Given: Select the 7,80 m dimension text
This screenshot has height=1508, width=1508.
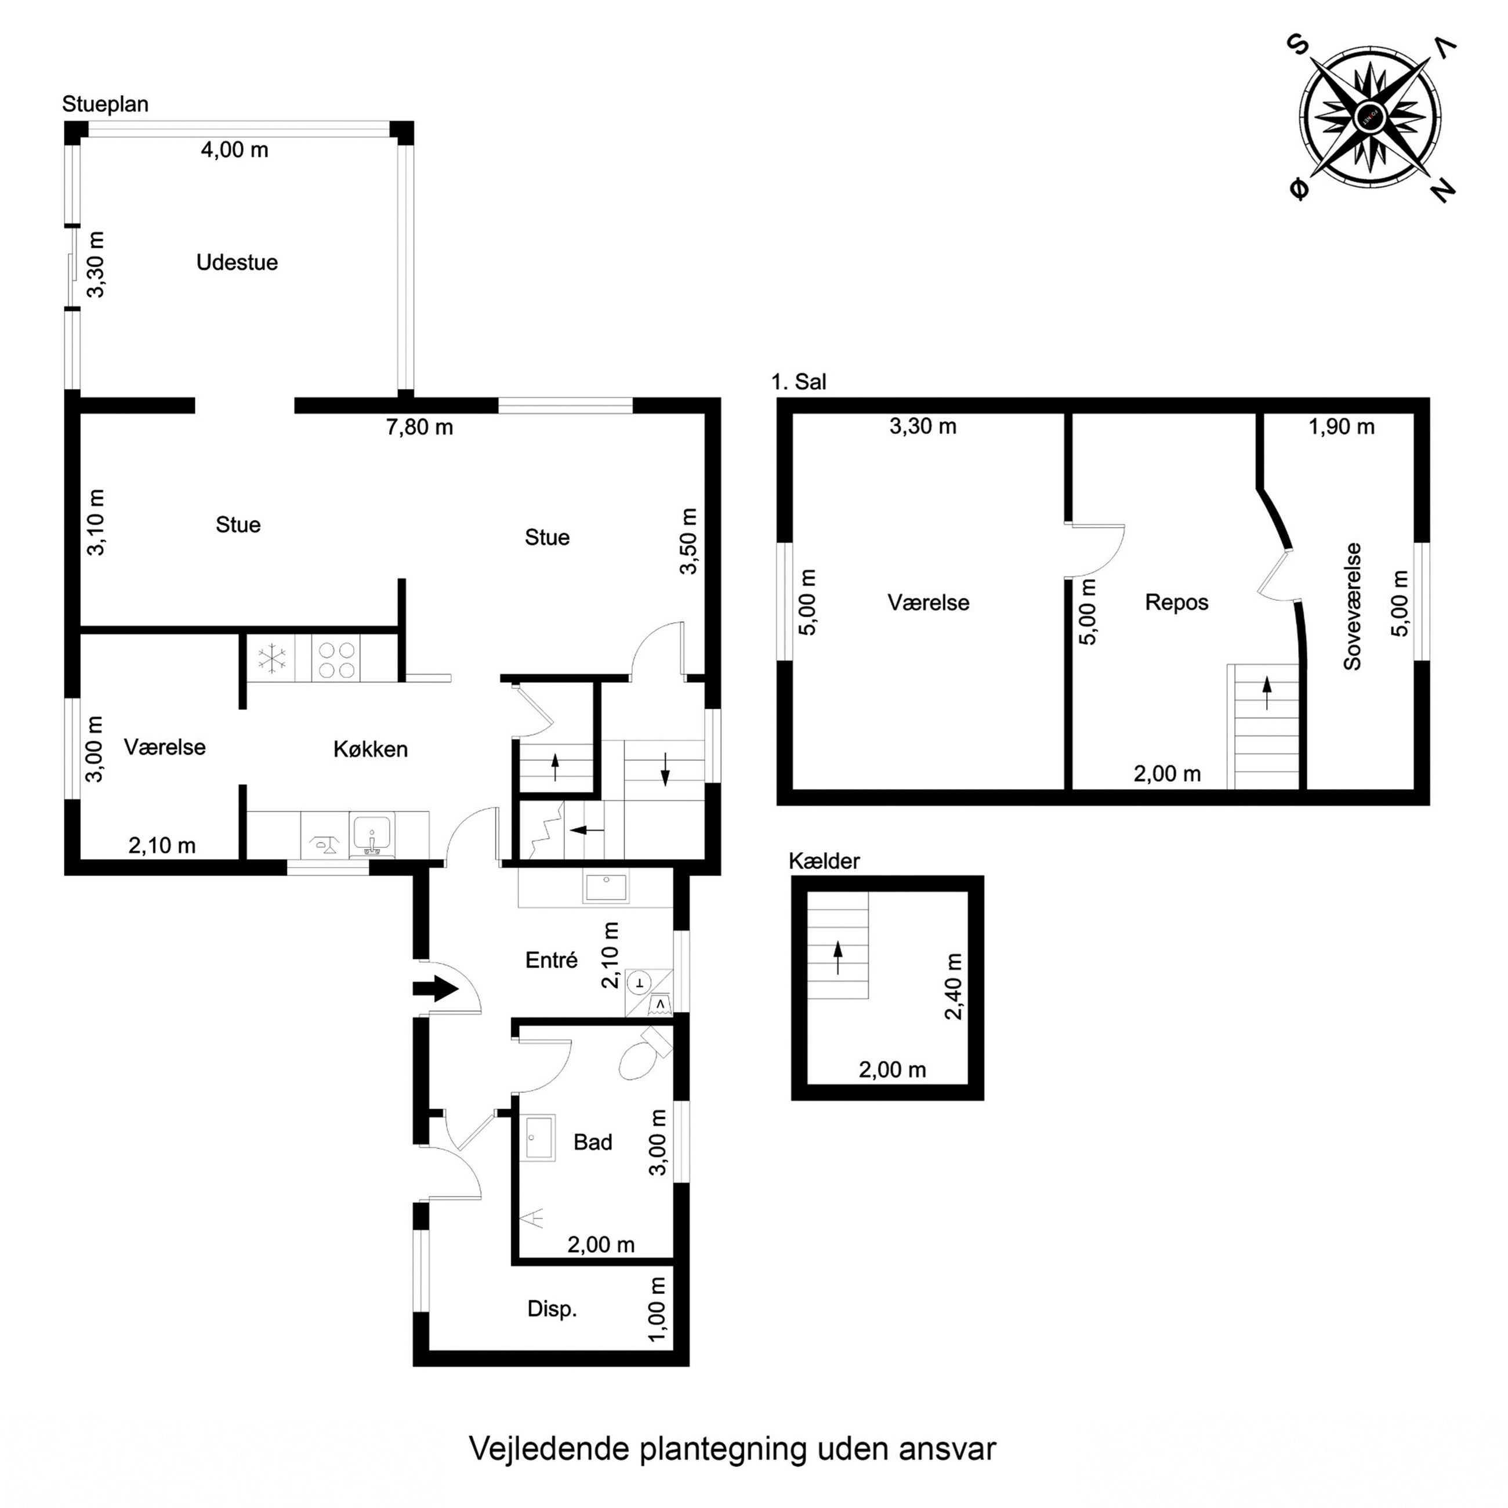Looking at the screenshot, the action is click(x=419, y=427).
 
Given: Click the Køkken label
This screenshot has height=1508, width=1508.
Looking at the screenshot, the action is click(x=370, y=749).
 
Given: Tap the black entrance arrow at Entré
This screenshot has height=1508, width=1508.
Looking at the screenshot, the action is click(x=436, y=989).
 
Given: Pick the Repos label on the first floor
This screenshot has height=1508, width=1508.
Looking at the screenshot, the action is click(x=1176, y=603).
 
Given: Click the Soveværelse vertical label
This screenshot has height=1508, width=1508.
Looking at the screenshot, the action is click(x=1353, y=606).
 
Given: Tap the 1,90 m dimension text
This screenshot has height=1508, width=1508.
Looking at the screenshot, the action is click(x=1341, y=426).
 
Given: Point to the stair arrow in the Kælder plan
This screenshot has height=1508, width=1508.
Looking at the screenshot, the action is click(x=838, y=958).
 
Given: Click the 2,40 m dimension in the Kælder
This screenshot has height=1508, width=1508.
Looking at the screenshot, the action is click(x=954, y=987).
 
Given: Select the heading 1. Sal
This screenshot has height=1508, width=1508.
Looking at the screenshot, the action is click(x=799, y=382).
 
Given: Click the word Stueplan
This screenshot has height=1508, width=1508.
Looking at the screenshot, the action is click(x=106, y=104).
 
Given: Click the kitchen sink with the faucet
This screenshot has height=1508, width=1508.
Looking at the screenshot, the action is click(x=372, y=835).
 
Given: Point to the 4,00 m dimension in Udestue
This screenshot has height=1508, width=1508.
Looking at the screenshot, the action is click(x=234, y=149).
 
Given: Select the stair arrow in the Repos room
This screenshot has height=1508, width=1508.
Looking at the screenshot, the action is click(x=1266, y=693).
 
